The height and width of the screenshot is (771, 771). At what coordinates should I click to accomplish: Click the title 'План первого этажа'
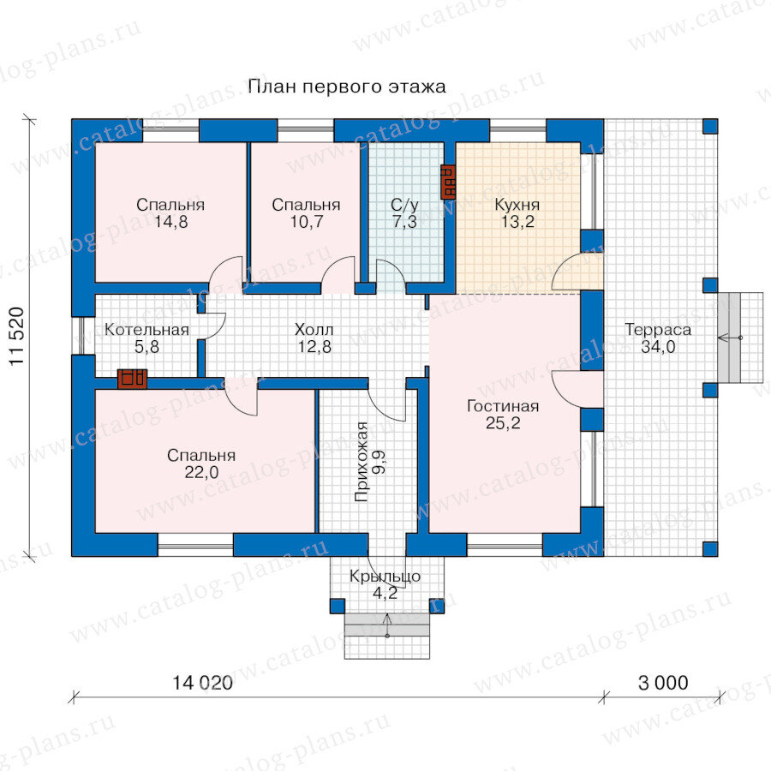347,87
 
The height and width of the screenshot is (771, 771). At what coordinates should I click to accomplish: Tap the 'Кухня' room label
517,205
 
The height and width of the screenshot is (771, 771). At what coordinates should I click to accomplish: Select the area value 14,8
170,222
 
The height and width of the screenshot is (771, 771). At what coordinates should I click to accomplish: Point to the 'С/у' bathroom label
404,205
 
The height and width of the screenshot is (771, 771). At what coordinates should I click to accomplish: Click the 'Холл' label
314,330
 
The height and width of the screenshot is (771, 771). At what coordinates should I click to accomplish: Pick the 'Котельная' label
146,330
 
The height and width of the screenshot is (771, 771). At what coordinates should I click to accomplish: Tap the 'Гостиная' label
503,406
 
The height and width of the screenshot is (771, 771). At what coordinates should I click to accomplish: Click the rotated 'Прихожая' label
362,461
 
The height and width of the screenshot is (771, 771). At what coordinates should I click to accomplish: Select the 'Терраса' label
658,330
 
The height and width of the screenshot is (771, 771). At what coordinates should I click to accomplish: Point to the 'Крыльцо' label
385,577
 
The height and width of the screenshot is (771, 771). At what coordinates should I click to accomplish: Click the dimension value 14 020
202,683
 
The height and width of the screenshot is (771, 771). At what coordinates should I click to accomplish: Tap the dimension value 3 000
663,683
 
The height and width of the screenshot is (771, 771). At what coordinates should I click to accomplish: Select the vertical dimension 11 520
17,337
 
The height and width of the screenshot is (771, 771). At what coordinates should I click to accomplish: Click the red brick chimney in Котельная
132,379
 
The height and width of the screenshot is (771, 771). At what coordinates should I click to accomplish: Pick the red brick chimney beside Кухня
448,182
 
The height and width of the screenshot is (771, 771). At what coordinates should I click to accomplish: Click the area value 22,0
201,473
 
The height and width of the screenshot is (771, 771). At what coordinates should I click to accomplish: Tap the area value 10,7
307,222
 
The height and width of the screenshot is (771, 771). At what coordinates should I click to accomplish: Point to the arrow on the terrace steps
730,338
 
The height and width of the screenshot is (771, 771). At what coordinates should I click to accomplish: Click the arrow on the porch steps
387,625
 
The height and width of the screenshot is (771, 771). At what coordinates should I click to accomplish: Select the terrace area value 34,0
658,347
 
